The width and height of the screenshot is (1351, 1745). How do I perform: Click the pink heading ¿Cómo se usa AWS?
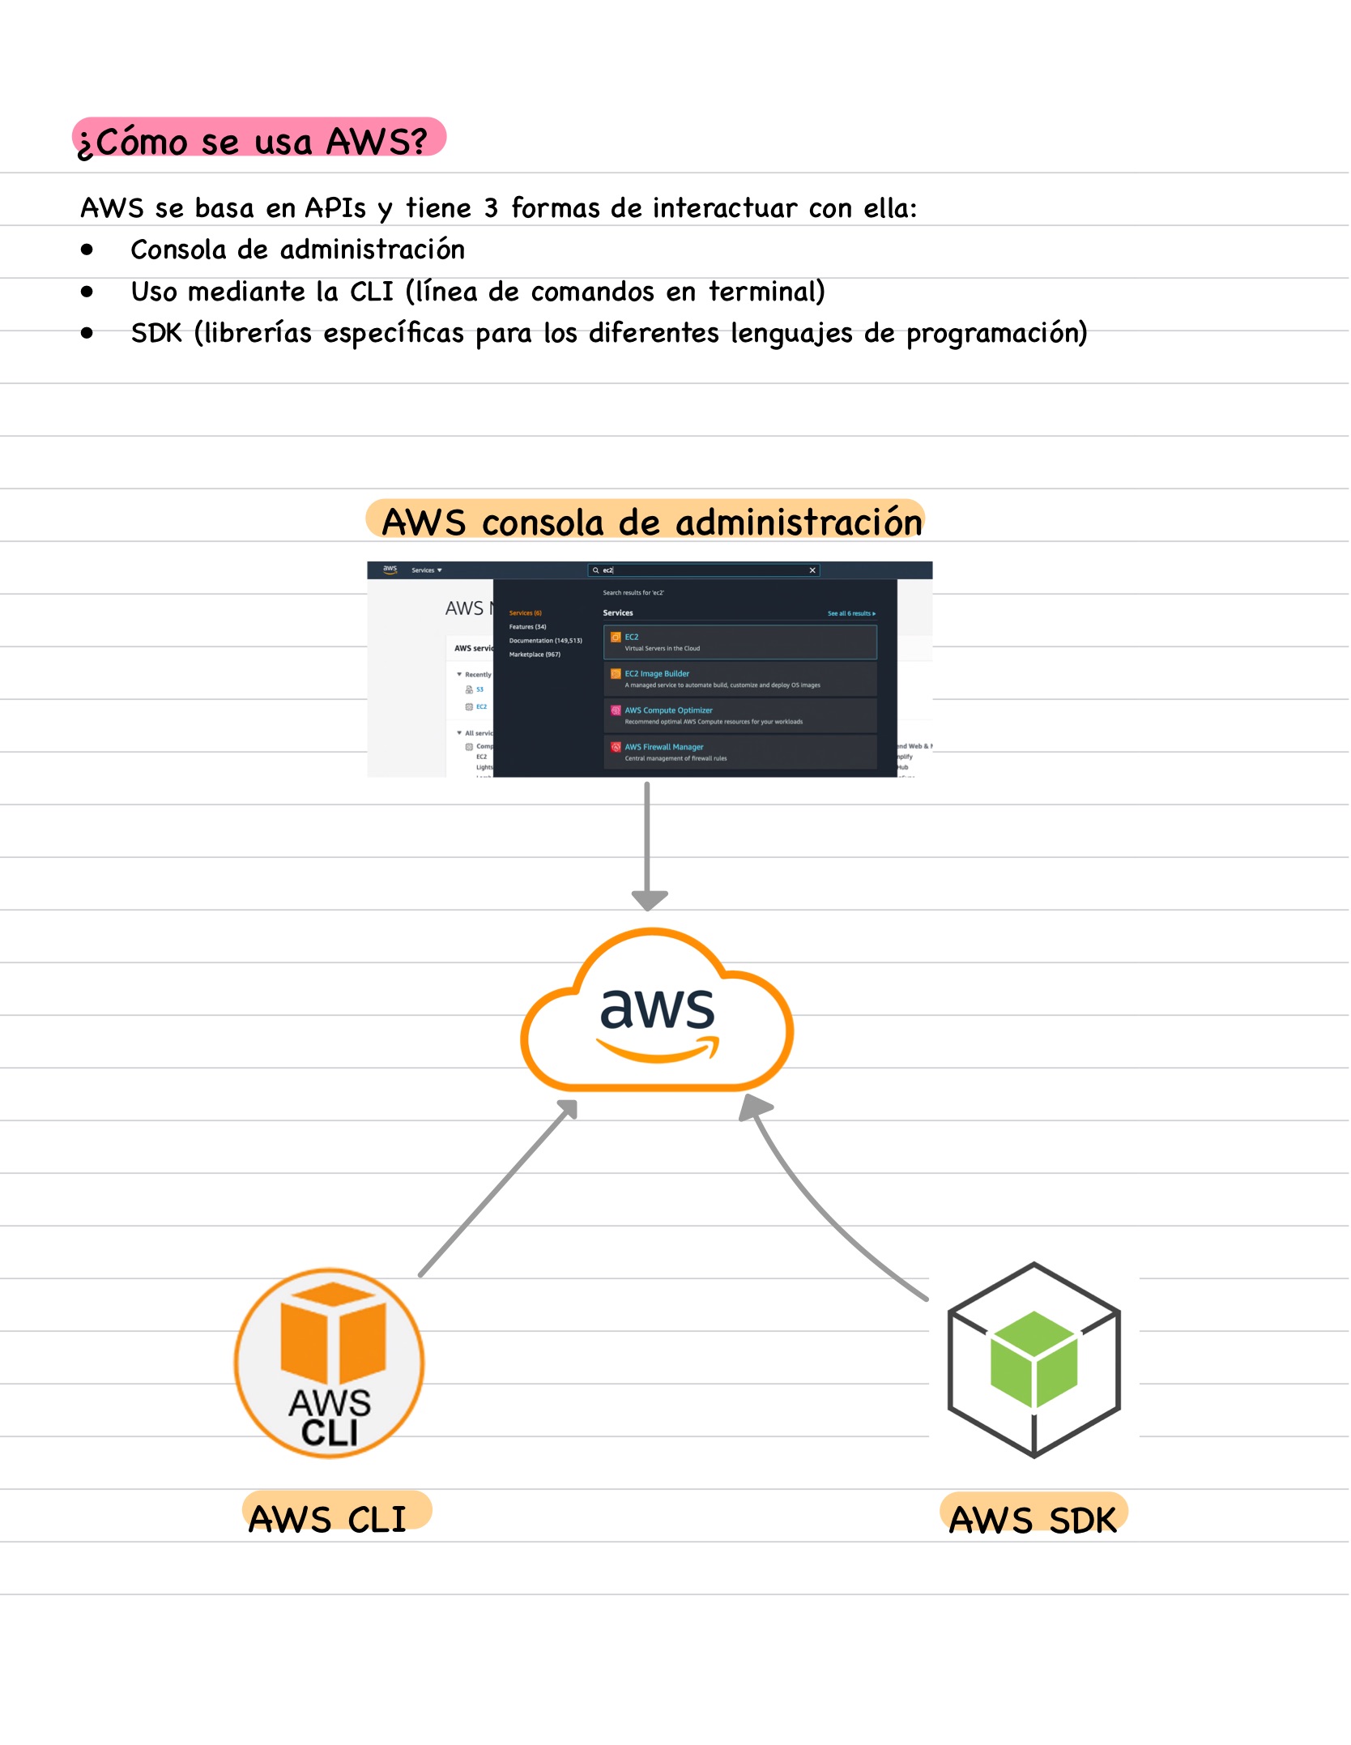click(x=258, y=139)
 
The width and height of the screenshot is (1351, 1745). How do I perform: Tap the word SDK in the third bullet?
click(x=156, y=333)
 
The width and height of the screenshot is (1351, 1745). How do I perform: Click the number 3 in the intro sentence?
click(x=491, y=208)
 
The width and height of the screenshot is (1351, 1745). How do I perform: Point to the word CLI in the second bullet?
click(x=371, y=292)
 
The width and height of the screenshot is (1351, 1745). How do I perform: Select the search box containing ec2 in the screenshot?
click(x=703, y=570)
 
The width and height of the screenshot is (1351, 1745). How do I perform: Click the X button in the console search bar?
click(x=812, y=570)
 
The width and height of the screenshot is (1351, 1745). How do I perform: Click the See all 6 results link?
click(x=851, y=613)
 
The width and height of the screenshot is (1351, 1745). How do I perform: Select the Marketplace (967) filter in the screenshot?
click(x=535, y=655)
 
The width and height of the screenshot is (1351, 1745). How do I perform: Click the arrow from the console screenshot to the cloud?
click(x=647, y=843)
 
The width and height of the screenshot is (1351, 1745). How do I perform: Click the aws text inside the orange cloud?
click(x=657, y=1009)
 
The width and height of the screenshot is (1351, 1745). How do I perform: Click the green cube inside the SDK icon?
click(x=1033, y=1358)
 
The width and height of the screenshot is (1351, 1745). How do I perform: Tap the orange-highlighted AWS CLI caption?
click(x=328, y=1518)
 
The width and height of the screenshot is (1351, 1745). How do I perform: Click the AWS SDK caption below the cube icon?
click(x=1033, y=1519)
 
